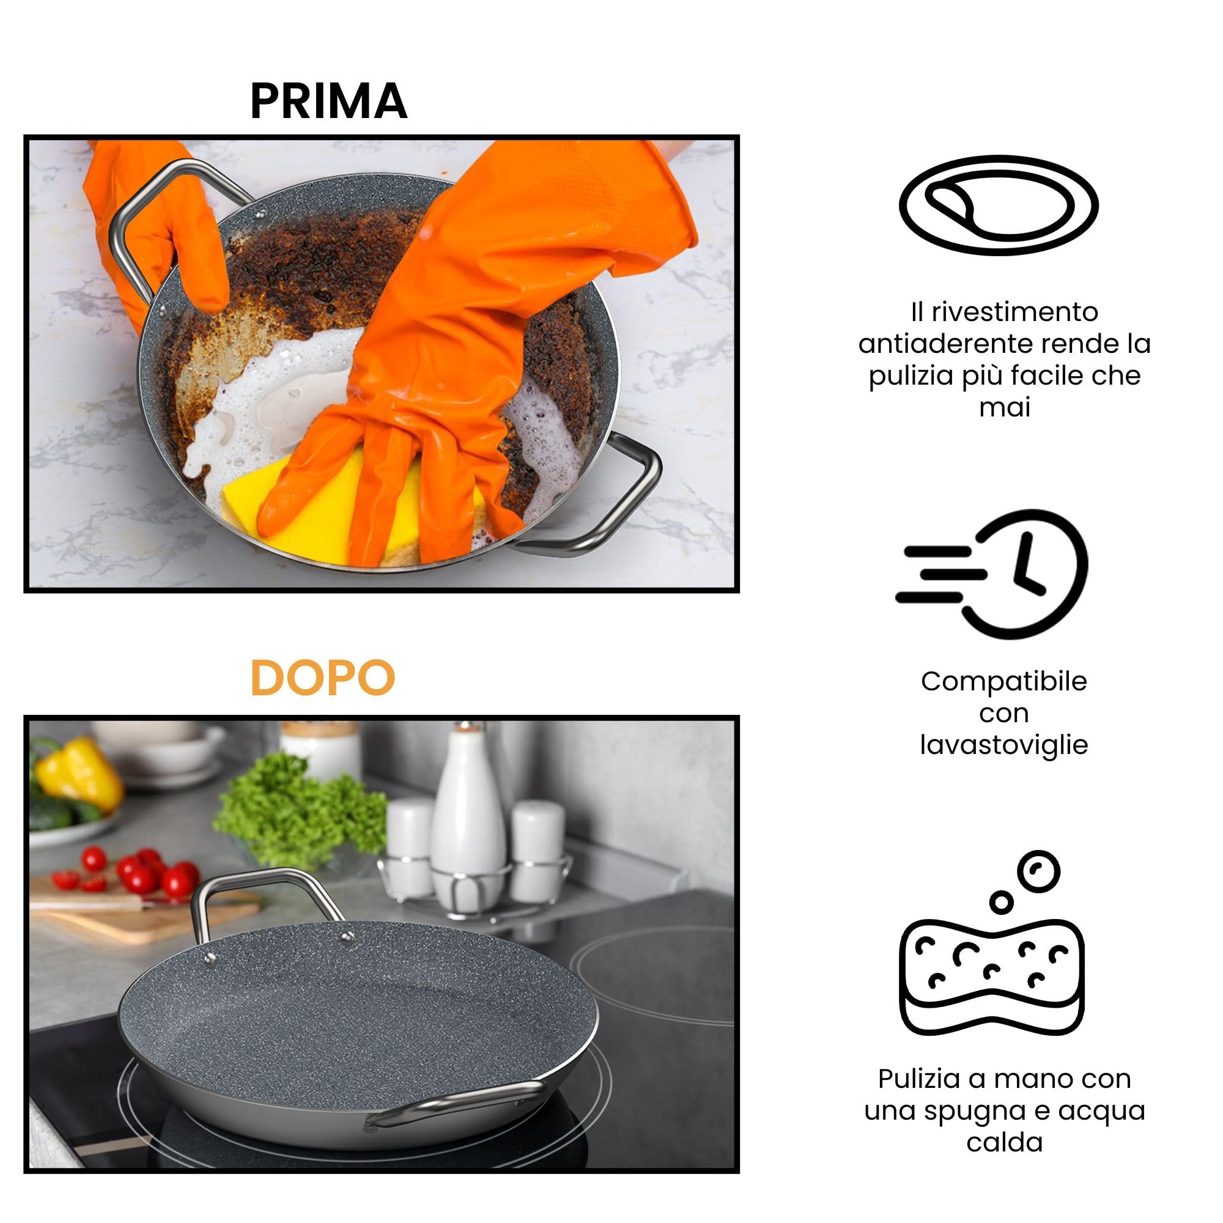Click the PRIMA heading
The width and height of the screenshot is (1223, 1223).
click(x=328, y=102)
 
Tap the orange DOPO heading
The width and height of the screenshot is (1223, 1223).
click(x=323, y=678)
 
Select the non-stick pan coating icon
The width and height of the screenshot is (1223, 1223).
click(x=999, y=205)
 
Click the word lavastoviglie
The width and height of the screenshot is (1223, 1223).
click(x=1004, y=745)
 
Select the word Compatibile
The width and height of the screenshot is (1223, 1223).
click(x=1004, y=682)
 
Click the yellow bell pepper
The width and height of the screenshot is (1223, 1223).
click(x=79, y=772)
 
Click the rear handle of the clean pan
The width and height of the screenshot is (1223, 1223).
click(x=266, y=883)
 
